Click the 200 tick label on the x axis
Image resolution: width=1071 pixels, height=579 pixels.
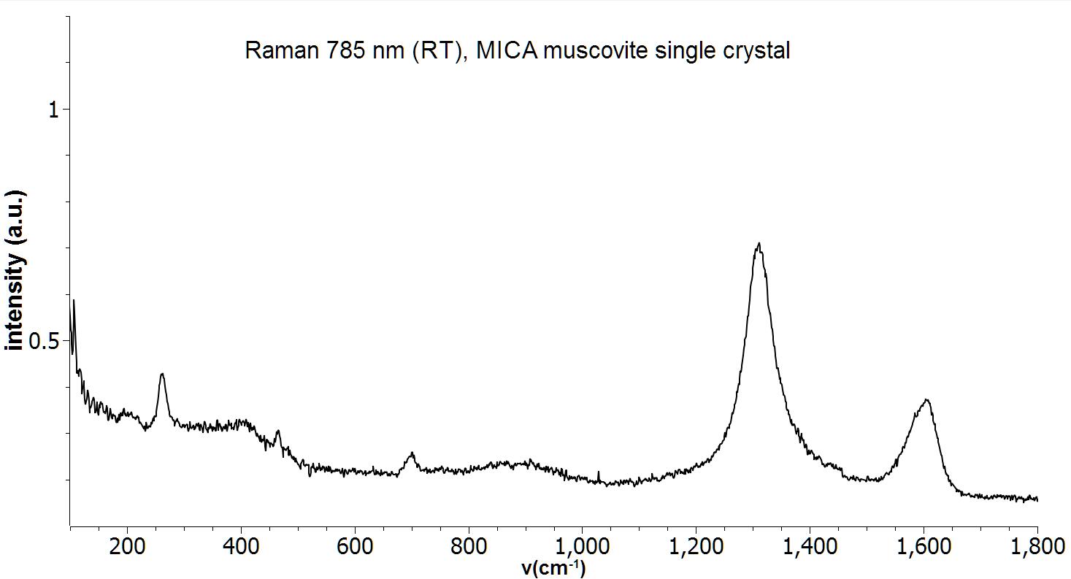click(x=127, y=547)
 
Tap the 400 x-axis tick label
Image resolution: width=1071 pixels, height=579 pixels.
click(x=241, y=547)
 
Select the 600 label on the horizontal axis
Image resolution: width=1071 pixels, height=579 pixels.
click(x=355, y=547)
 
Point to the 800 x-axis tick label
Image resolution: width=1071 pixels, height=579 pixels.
click(x=469, y=547)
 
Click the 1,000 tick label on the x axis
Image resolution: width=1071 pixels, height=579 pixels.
click(x=582, y=547)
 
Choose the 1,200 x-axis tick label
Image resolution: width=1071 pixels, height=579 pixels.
click(x=696, y=547)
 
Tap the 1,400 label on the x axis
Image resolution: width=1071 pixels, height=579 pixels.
click(x=810, y=547)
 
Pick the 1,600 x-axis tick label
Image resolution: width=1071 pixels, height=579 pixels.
click(x=924, y=547)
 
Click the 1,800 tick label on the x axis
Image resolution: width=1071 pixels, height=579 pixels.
click(x=1037, y=547)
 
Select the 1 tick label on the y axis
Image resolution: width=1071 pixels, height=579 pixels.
click(x=53, y=110)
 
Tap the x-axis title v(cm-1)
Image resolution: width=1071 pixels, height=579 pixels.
click(x=553, y=568)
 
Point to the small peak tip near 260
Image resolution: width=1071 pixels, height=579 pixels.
click(x=162, y=374)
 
